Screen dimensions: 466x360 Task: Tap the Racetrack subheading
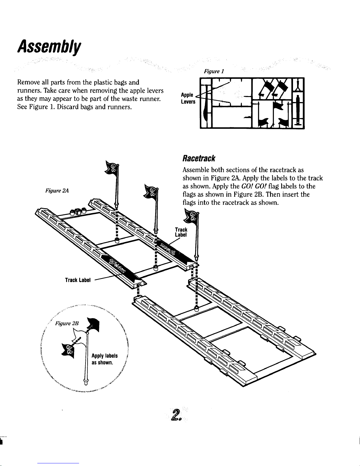(199, 159)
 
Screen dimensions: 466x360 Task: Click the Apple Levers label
(187, 98)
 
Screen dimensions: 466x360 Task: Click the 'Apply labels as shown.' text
(105, 359)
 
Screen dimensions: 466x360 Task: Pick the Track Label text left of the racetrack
(78, 280)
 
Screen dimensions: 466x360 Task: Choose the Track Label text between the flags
(181, 232)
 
